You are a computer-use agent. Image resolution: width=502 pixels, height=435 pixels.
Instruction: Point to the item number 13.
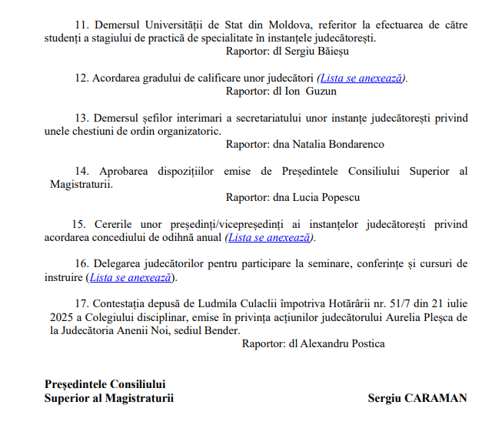(x=82, y=118)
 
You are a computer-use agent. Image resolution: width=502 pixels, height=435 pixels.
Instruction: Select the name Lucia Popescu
(x=327, y=198)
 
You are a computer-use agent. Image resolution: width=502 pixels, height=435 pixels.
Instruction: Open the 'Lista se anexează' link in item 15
(x=269, y=237)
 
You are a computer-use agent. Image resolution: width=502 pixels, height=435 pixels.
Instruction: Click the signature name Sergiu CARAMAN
(x=417, y=398)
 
